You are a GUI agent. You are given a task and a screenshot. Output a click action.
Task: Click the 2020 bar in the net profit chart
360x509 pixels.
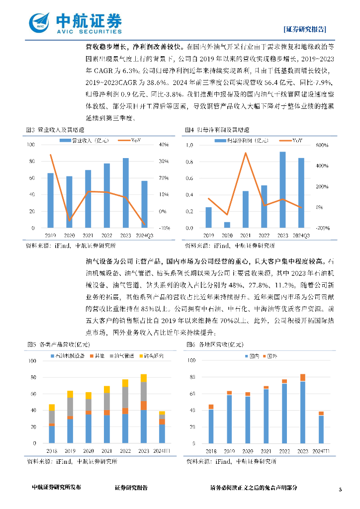tap(227, 225)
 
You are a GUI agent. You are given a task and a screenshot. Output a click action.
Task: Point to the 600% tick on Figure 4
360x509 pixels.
tap(322, 145)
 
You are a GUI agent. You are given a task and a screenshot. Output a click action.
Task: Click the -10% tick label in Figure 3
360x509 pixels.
tap(164, 228)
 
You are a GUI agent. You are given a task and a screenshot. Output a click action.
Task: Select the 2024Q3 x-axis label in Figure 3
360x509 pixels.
tap(144, 235)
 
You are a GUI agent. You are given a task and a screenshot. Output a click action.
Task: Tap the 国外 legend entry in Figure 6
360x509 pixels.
tap(272, 357)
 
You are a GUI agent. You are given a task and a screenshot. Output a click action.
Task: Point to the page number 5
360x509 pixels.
tap(341, 490)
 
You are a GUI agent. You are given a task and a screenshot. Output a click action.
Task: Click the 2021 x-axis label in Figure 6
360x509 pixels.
tap(266, 451)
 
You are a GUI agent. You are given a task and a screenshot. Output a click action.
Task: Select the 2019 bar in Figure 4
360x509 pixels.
tap(208, 217)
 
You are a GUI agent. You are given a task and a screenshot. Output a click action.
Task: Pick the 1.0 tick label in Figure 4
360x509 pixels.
tap(189, 145)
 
